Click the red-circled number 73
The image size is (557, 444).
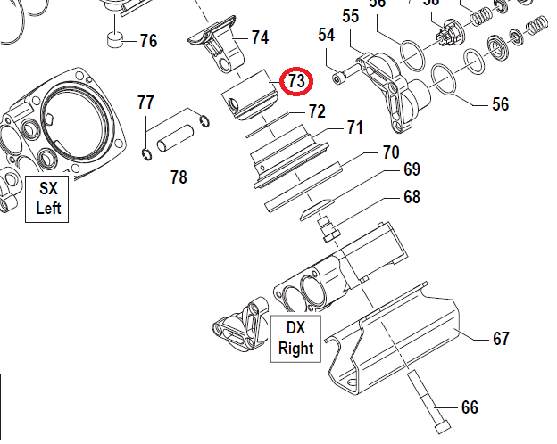(x=295, y=82)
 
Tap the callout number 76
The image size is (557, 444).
(x=147, y=42)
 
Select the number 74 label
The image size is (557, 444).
(x=259, y=37)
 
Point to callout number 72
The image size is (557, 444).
(x=317, y=112)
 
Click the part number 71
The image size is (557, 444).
(x=354, y=128)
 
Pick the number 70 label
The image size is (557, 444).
(x=391, y=152)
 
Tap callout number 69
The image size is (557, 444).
(x=411, y=169)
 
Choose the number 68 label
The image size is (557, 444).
(x=411, y=197)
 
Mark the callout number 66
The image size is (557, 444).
(x=470, y=407)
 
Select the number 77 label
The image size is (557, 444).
(x=145, y=102)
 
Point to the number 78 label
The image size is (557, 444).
(x=179, y=177)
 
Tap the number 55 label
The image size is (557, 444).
(x=350, y=16)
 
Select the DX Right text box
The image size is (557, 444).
(x=295, y=338)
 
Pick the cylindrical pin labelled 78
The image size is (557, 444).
(x=176, y=142)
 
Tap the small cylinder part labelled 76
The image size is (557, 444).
(x=115, y=39)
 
